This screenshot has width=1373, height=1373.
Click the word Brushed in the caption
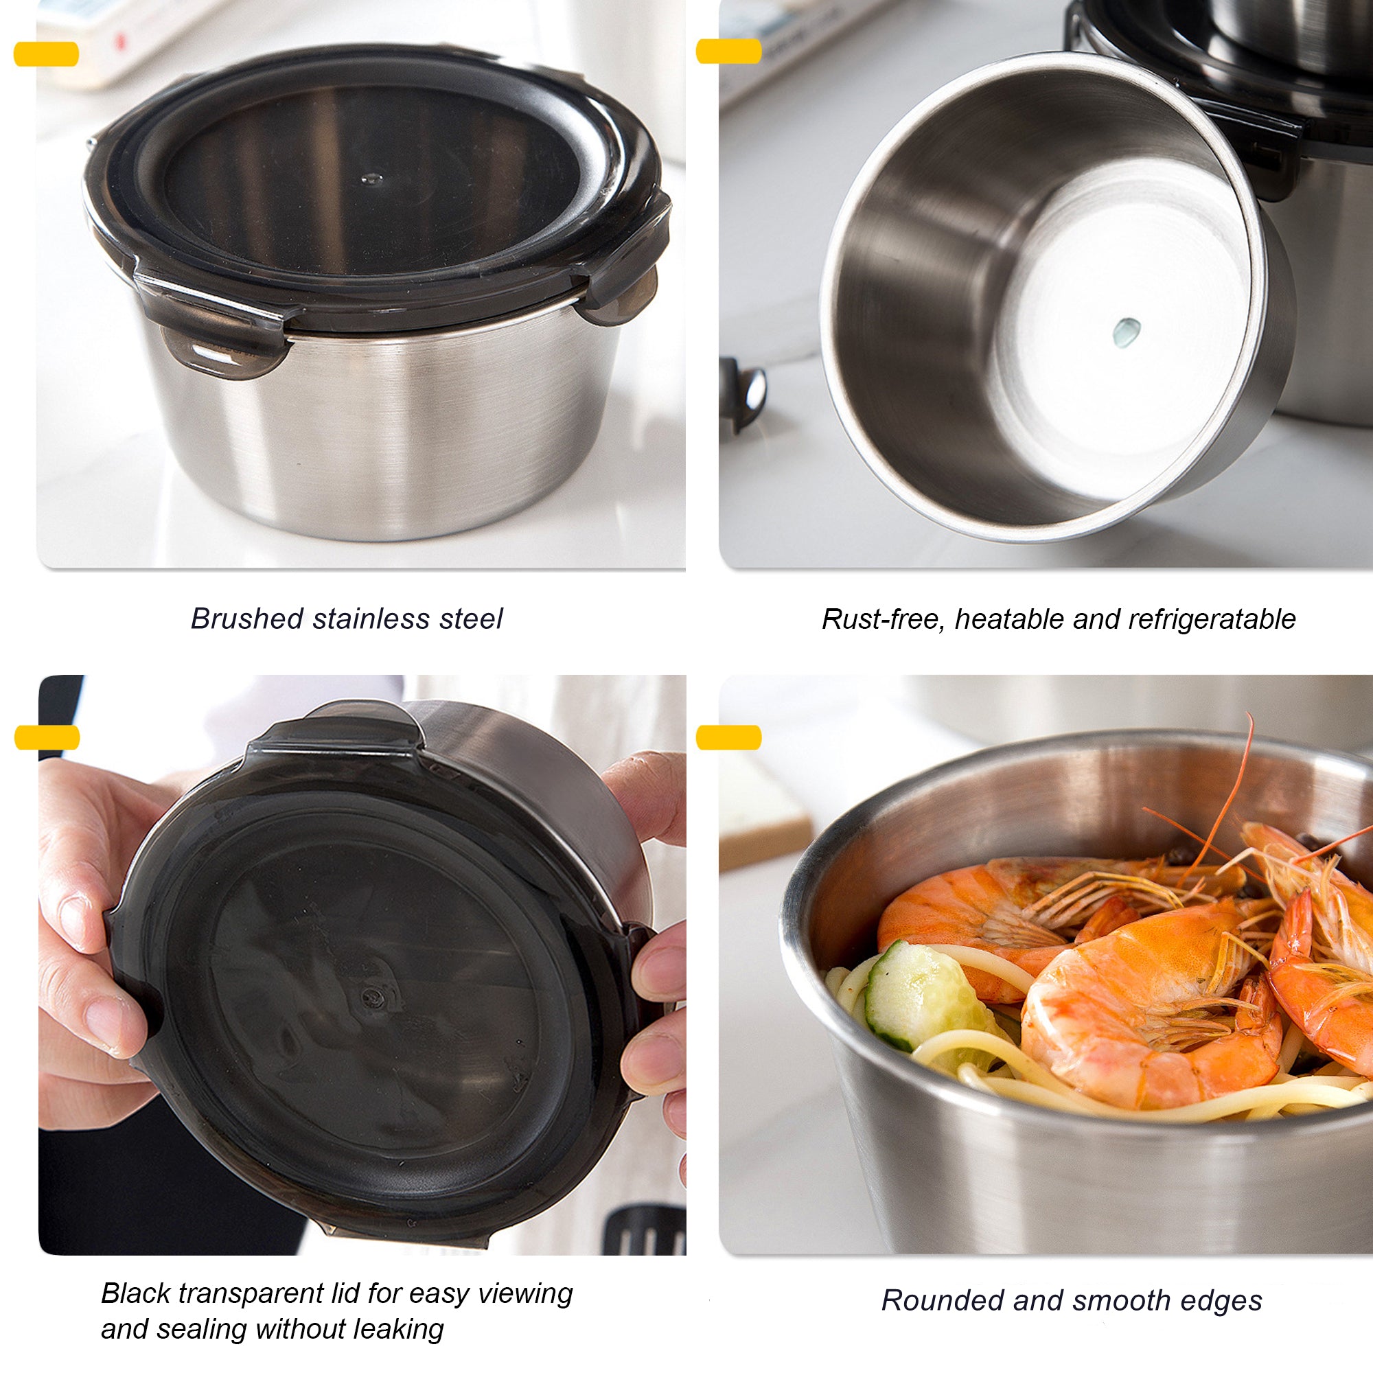[238, 619]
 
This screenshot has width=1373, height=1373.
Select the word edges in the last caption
[1225, 1300]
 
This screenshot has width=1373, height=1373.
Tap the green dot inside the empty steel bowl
[1126, 330]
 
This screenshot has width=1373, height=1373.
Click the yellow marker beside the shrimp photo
[728, 738]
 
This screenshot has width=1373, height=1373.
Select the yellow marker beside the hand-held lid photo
[47, 738]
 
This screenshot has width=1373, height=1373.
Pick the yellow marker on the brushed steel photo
[46, 54]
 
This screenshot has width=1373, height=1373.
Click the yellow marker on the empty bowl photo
[728, 51]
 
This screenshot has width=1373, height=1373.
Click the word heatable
[1009, 620]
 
